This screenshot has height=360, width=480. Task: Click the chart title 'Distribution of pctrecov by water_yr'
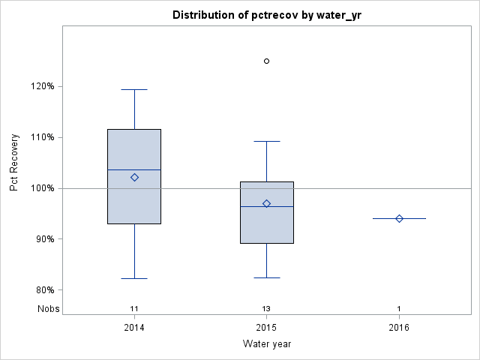(266, 15)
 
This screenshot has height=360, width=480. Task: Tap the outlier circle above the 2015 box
(266, 61)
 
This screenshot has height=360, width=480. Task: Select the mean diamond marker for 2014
(134, 177)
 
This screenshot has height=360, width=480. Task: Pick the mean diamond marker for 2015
(266, 203)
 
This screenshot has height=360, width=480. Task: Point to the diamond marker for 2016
(399, 218)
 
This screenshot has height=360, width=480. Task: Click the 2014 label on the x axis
(134, 328)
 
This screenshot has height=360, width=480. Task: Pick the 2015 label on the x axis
(266, 328)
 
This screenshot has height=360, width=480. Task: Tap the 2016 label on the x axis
(399, 328)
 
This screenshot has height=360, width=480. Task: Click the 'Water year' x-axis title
(266, 344)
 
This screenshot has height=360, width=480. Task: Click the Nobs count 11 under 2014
(134, 308)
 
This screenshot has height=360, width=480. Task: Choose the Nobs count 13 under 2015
(266, 308)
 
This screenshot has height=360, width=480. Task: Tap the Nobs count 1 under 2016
(399, 308)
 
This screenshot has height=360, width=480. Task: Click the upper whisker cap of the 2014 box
(134, 89)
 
